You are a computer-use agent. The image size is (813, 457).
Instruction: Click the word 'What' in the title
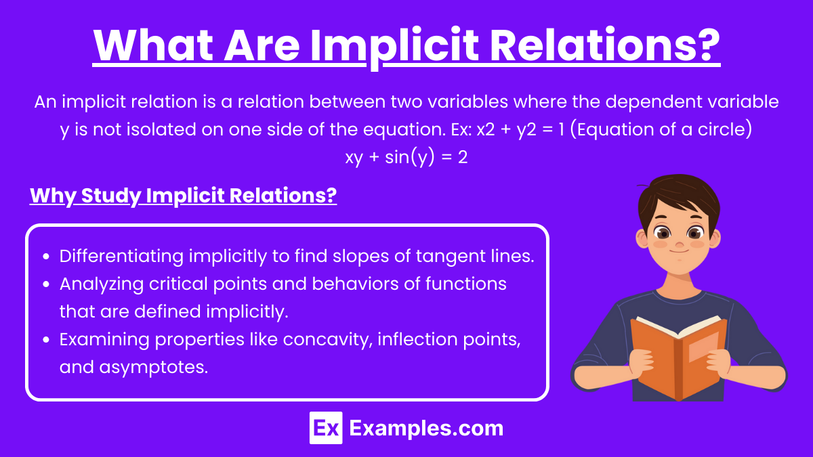[x=153, y=45]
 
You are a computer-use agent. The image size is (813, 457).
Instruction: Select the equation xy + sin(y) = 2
[x=406, y=157]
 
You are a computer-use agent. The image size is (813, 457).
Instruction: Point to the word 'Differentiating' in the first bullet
[x=121, y=257]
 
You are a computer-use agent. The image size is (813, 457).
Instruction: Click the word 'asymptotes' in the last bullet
[x=154, y=368]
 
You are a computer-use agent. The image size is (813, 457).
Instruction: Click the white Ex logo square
[x=326, y=428]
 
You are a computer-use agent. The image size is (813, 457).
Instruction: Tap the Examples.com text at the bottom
[x=426, y=429]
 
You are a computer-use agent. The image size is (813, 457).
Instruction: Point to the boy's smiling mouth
[x=679, y=251]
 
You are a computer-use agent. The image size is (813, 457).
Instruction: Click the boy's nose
[x=680, y=242]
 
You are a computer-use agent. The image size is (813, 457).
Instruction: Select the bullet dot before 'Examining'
[x=46, y=340]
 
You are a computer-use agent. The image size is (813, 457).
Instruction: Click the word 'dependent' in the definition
[x=653, y=102]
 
